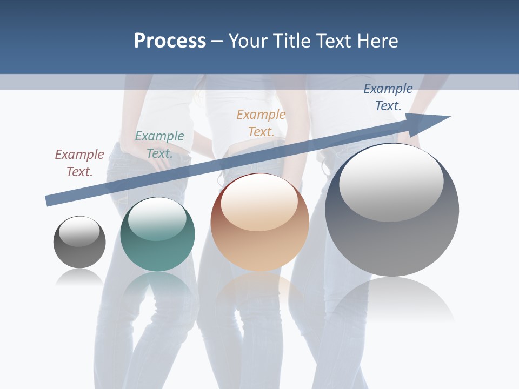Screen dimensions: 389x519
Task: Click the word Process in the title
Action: coord(170,41)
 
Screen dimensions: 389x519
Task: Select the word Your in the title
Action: coord(246,41)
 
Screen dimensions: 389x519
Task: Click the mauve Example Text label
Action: coord(79,163)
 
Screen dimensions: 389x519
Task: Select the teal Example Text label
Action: coord(159,144)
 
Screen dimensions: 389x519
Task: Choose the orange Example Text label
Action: coord(261,123)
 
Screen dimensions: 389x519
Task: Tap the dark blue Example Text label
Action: coord(388,97)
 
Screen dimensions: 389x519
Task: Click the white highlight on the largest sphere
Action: coord(391,181)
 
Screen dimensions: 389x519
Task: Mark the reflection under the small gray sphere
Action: coord(79,277)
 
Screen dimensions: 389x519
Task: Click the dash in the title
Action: coord(217,41)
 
